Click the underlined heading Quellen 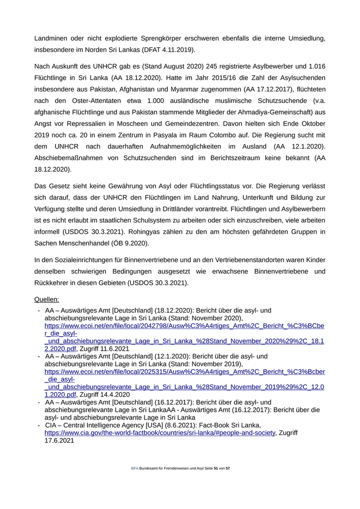[x=47, y=299]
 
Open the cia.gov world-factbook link [x=160, y=433]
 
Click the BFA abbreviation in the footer [x=135, y=469]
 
